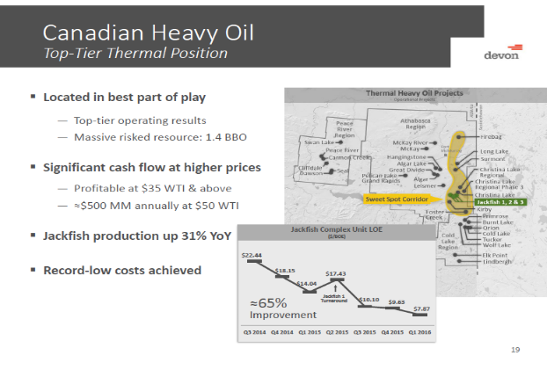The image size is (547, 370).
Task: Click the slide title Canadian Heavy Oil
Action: pos(149,33)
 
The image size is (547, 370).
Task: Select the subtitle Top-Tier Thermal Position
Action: pos(135,54)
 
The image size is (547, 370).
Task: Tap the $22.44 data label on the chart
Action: pos(252,255)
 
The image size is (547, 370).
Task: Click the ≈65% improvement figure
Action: pos(269,303)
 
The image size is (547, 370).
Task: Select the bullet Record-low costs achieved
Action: pos(121,269)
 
